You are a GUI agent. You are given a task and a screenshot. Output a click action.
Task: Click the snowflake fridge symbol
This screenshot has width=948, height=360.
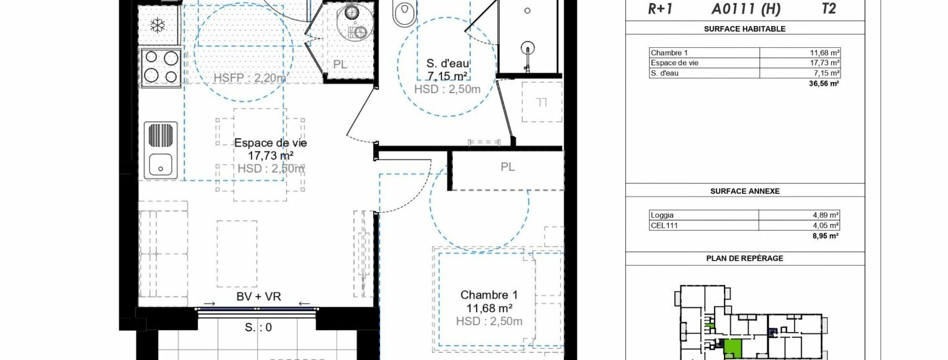tap(158, 25)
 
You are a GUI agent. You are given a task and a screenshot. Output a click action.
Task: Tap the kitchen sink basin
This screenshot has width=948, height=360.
tap(160, 164)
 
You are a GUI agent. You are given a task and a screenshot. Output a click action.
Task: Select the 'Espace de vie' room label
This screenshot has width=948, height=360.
tap(271, 143)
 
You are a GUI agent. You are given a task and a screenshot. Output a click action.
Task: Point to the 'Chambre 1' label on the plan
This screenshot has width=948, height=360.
tap(489, 295)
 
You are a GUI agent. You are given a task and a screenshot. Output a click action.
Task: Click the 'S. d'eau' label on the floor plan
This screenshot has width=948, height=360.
tap(448, 63)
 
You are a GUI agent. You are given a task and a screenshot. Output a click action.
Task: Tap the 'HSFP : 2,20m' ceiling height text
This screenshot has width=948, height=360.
tap(250, 78)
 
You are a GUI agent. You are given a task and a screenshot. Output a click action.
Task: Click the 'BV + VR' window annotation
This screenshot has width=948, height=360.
tap(259, 297)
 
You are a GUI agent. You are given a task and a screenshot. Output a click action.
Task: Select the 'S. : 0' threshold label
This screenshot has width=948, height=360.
tap(258, 327)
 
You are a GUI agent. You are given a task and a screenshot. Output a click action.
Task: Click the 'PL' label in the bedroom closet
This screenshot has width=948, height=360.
tap(507, 167)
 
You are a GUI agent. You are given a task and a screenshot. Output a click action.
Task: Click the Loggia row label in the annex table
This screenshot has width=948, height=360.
tap(662, 215)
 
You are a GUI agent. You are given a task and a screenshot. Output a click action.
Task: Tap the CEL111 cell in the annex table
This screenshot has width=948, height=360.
tap(664, 225)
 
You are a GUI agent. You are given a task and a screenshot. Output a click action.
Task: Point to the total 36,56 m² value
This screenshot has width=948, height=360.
tap(824, 84)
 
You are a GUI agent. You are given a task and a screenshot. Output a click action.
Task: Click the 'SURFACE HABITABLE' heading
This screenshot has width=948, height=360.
tap(745, 29)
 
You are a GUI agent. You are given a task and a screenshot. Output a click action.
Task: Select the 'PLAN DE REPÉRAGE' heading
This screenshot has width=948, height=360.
tap(745, 258)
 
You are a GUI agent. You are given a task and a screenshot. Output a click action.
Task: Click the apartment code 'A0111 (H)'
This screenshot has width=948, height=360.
tap(746, 9)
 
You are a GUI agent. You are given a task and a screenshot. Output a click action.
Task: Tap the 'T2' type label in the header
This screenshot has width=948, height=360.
tap(829, 9)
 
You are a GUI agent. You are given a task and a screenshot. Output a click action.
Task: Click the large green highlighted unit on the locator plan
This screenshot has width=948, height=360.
tap(732, 348)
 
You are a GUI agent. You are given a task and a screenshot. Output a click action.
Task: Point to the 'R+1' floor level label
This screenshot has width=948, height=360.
tap(660, 9)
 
